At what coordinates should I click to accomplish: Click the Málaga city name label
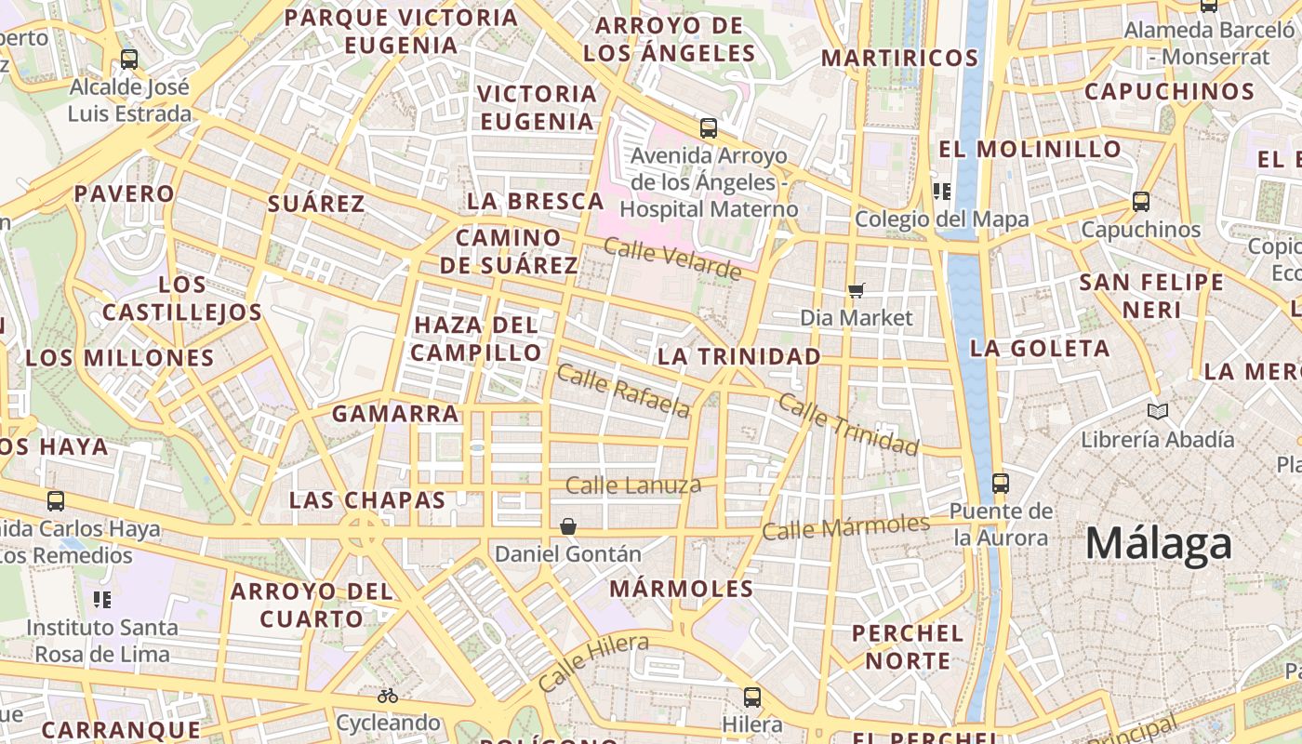point(1159,543)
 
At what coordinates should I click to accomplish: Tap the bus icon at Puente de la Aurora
point(1001,484)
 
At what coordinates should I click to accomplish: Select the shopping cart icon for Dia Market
point(857,291)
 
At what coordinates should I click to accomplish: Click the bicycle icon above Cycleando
point(388,696)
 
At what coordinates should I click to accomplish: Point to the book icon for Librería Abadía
point(1157,411)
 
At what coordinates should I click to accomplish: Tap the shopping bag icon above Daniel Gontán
point(568,527)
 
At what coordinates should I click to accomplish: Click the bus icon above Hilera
point(752,697)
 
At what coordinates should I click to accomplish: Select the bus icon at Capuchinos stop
point(1141,201)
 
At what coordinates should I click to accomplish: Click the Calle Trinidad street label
point(848,424)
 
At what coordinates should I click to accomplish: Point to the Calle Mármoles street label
point(845,526)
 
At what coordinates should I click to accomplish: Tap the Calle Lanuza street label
point(632,485)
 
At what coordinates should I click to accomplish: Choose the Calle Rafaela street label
point(624,391)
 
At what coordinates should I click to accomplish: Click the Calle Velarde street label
point(672,259)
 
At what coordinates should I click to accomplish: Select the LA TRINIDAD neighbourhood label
point(739,356)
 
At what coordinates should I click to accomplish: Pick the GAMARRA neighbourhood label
point(395,414)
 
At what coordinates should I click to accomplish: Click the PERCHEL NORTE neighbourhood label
point(908,646)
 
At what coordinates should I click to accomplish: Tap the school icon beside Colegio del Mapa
point(941,192)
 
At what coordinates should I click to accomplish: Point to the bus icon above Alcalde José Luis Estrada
point(129,60)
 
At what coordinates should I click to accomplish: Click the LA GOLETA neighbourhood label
point(1040,349)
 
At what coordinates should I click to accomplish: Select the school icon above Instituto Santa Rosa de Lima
point(102,599)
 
